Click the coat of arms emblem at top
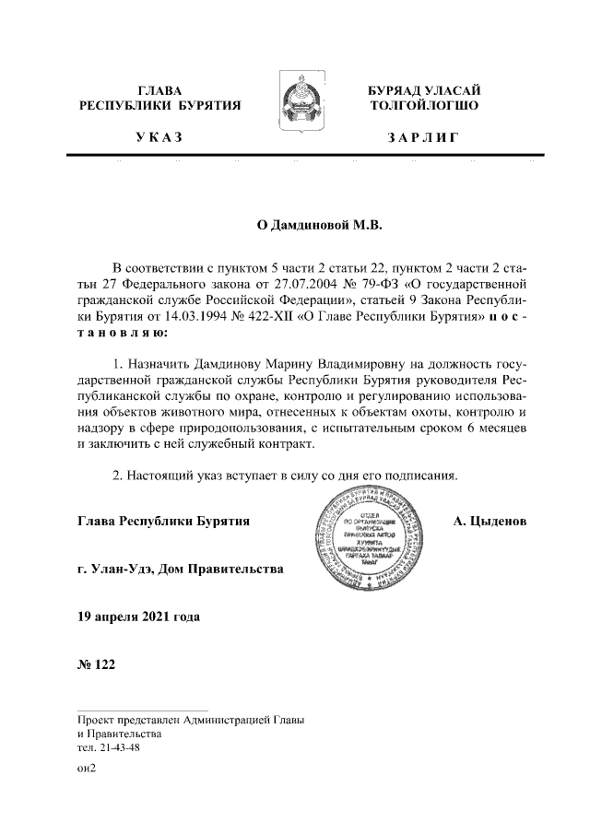click(x=295, y=104)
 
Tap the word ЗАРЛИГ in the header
click(x=423, y=137)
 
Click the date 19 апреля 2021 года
click(x=139, y=615)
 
